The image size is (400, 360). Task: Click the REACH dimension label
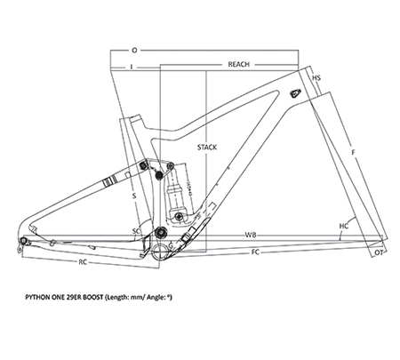(x=238, y=64)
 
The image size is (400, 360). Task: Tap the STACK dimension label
(x=207, y=147)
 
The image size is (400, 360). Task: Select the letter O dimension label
(x=134, y=51)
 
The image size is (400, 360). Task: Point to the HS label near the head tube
(x=316, y=78)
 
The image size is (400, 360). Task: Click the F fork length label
(x=353, y=152)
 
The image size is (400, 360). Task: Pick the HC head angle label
(x=344, y=226)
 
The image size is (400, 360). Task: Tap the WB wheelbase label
(x=251, y=235)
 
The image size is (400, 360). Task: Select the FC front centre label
(x=255, y=252)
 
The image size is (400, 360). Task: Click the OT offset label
(x=379, y=252)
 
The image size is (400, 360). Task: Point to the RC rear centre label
(x=83, y=262)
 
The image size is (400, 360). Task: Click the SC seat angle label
(x=136, y=231)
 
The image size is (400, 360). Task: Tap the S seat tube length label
(x=134, y=196)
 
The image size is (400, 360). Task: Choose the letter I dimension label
(x=132, y=67)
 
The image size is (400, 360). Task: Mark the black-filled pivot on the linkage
(x=159, y=175)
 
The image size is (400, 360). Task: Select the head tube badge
(x=295, y=92)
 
